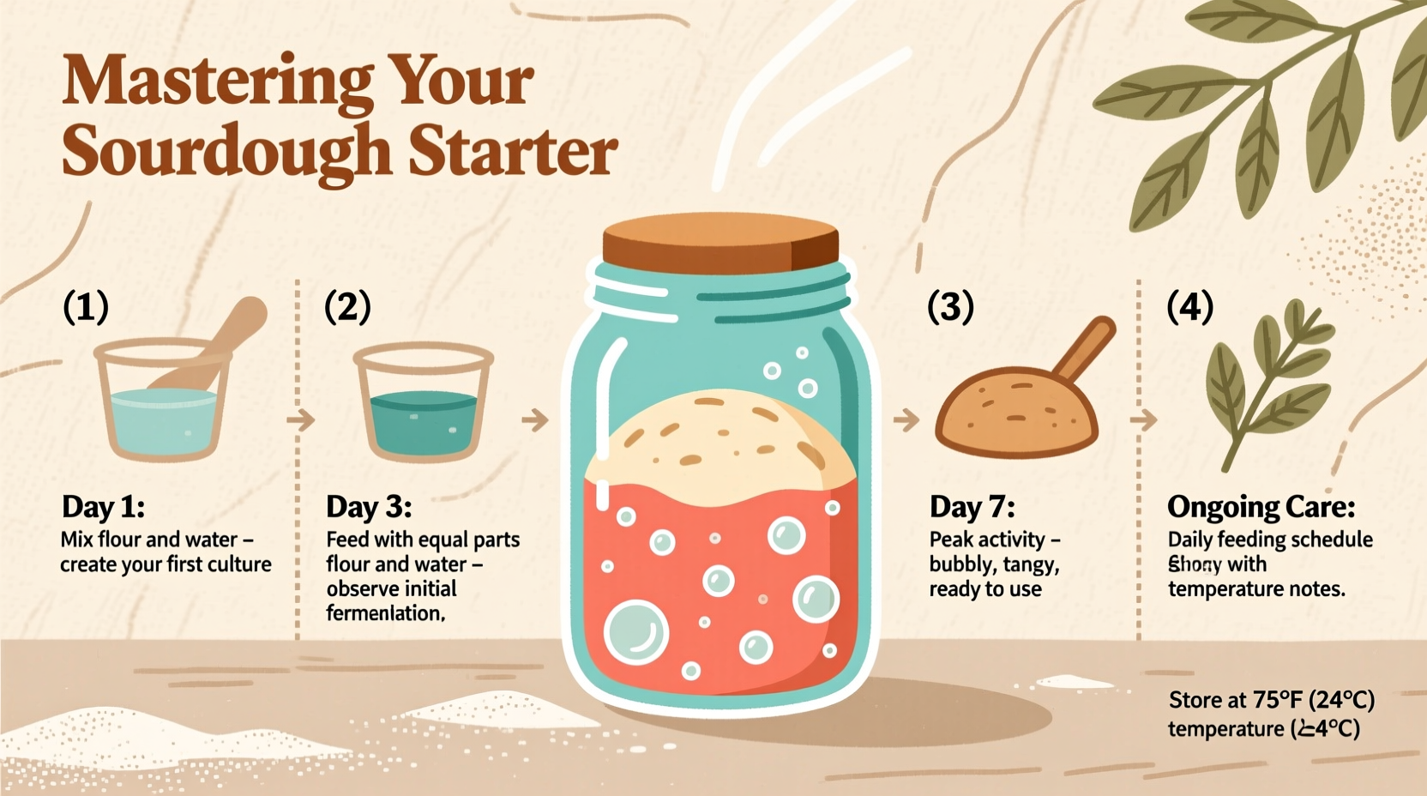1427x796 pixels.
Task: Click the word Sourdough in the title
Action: (x=226, y=151)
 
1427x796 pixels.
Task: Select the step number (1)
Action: (x=86, y=306)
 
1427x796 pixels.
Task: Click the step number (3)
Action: (x=950, y=306)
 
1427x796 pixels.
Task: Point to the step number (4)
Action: (x=1189, y=306)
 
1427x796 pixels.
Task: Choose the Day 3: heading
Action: (x=369, y=507)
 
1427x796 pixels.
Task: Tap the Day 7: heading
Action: (x=972, y=507)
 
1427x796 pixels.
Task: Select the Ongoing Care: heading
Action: (x=1261, y=507)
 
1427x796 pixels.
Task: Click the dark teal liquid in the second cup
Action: (x=422, y=420)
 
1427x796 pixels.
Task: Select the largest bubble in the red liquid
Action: (x=635, y=633)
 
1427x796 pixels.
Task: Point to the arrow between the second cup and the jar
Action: (x=534, y=419)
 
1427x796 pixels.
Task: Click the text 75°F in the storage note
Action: (x=1278, y=700)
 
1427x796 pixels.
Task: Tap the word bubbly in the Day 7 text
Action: (x=959, y=564)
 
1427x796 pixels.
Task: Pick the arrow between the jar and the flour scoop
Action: (x=906, y=419)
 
